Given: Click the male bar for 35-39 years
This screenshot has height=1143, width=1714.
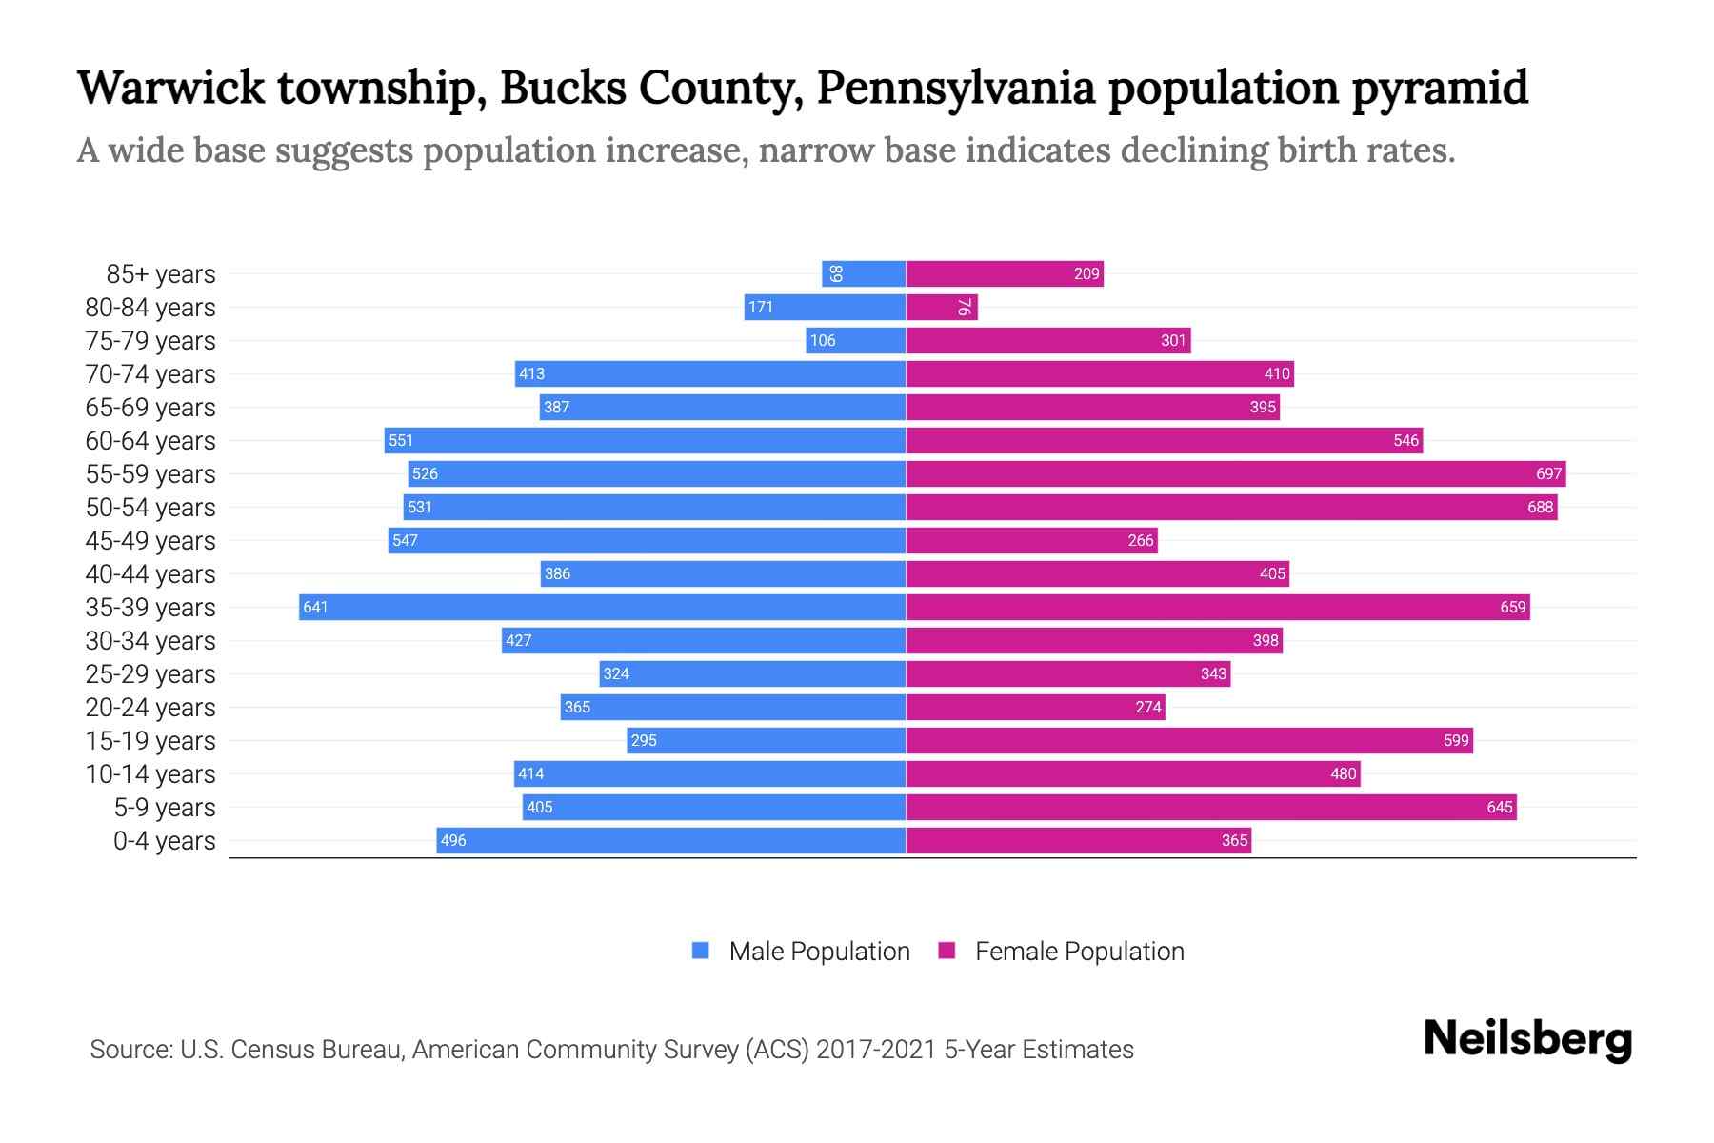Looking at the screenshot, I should tap(602, 607).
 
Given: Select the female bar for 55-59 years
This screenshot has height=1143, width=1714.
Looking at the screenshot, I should tap(1235, 473).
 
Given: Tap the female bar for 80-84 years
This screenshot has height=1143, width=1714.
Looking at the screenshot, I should tap(942, 307).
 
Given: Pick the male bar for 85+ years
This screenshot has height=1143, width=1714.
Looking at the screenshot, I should tap(864, 273).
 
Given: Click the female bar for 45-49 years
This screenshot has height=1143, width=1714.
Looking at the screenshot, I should tap(1031, 540).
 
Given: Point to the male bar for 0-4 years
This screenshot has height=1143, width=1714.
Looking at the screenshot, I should tap(671, 840).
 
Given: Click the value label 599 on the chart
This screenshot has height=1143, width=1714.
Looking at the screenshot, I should tap(1456, 740).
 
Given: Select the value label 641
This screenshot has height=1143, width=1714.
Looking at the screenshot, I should tap(315, 607).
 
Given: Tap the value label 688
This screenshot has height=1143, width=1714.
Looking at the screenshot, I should tap(1540, 507).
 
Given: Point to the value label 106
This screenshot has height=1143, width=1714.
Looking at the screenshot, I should tap(823, 340).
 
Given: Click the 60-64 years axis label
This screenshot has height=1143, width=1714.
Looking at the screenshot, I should tap(150, 441).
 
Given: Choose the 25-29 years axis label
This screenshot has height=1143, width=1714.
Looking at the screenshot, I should tap(150, 674).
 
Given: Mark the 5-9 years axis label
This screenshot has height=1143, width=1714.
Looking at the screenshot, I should tap(164, 808).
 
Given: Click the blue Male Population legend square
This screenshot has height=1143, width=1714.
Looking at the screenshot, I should tap(701, 951).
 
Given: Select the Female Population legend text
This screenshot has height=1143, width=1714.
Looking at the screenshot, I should tap(1079, 951).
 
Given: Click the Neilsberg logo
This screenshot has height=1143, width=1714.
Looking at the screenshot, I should tap(1527, 1039).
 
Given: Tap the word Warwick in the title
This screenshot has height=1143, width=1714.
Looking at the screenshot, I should tap(171, 88).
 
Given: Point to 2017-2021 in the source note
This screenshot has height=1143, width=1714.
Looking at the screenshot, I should tap(876, 1050).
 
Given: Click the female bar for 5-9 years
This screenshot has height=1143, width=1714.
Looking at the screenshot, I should tap(1210, 807).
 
